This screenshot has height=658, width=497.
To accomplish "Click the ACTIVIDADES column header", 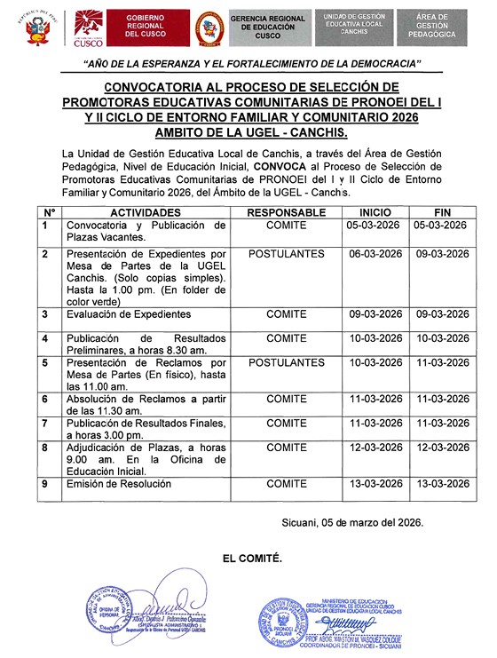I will click(146, 214).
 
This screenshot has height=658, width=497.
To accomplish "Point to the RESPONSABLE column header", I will click(286, 214).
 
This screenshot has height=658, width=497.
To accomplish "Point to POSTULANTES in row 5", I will click(286, 363).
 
